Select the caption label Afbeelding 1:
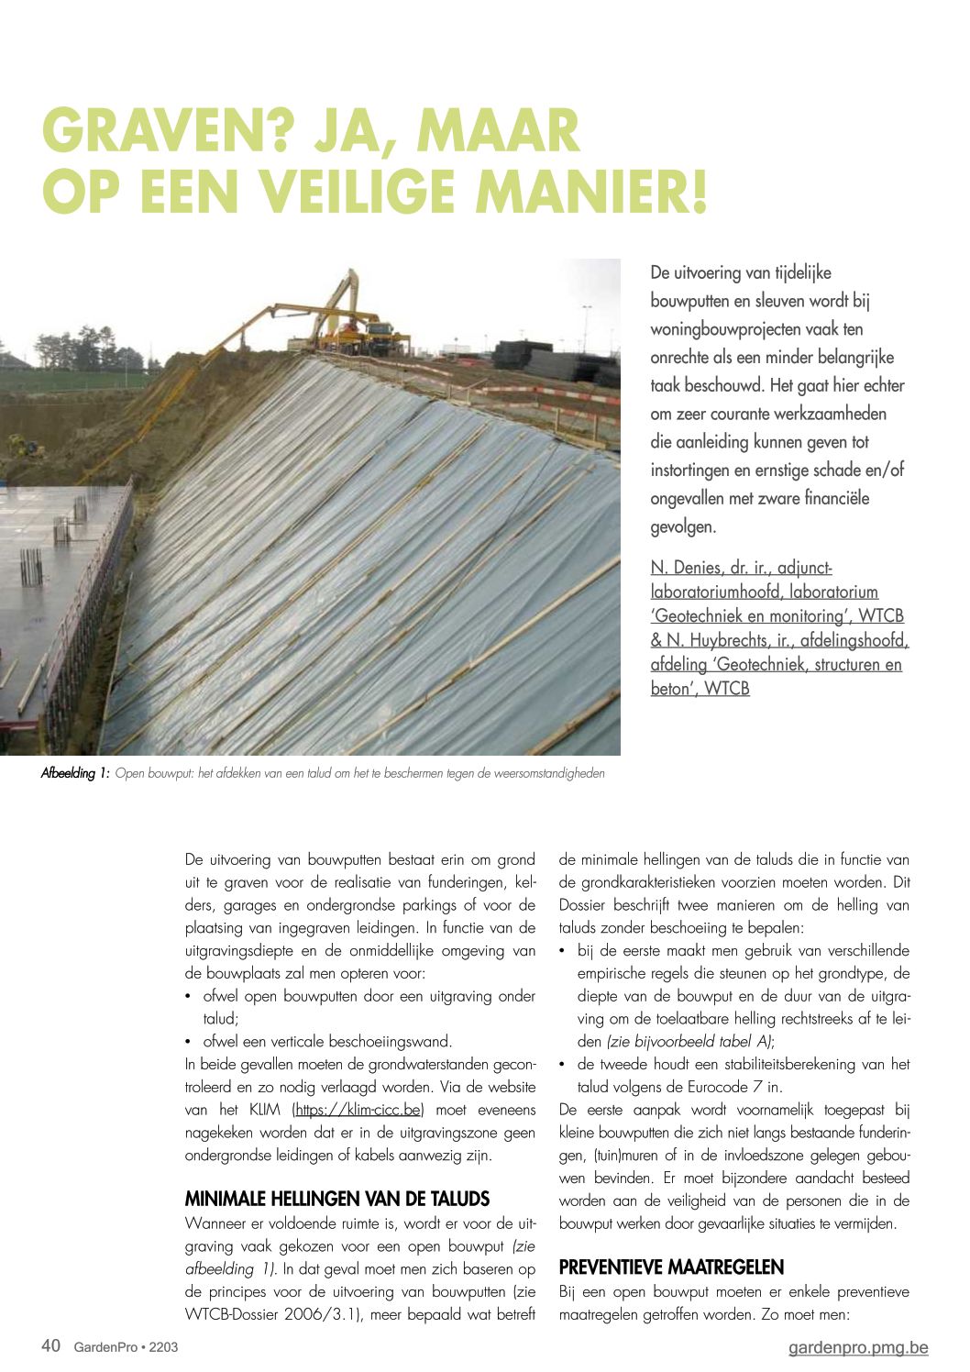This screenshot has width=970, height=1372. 75,774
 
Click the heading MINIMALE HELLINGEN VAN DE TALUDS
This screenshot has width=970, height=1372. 337,1200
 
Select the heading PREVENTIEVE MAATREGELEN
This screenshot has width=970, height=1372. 671,1267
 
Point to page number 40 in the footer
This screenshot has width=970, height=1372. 51,1346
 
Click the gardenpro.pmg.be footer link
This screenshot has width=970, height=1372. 858,1347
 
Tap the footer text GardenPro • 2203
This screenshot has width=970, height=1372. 126,1347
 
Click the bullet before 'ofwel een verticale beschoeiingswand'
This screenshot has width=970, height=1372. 189,1042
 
